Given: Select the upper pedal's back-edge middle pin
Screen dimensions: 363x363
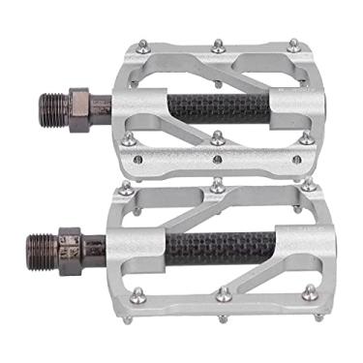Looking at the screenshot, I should coord(218,45).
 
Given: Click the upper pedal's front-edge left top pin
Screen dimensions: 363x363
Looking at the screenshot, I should coord(129,139).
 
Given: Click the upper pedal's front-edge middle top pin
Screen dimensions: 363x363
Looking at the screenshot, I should coord(218,137).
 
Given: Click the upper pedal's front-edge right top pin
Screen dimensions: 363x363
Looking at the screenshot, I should coord(307,137).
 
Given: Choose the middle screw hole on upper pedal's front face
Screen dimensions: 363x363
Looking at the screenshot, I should coord(218,159).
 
